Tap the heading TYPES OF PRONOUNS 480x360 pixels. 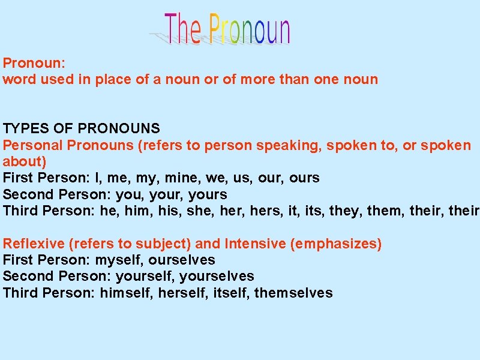pos(82,128)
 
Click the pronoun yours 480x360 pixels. pos(208,194)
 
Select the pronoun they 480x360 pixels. pos(344,211)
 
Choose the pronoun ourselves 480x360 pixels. pos(182,260)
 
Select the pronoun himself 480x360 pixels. pos(125,293)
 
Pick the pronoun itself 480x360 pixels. pos(230,293)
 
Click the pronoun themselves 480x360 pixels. pos(293,293)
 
